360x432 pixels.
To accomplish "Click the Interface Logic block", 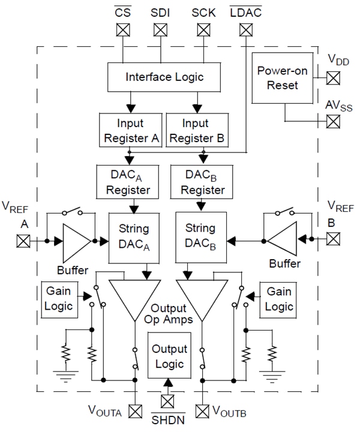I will point(164,77).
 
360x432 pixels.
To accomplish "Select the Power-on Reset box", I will point(282,78).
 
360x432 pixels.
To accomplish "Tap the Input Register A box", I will point(130,130).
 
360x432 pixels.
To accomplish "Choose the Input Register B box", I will point(196,130).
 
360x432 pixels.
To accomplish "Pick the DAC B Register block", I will point(198,182).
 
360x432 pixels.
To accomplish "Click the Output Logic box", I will point(169,356).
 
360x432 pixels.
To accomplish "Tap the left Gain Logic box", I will point(58,298).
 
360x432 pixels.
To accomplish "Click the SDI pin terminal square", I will point(159,29).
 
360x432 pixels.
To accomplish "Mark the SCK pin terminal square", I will point(200,29).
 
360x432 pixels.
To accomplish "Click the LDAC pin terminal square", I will point(245,29).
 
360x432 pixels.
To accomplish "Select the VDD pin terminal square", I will point(332,77).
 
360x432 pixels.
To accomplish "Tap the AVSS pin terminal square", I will point(332,121).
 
